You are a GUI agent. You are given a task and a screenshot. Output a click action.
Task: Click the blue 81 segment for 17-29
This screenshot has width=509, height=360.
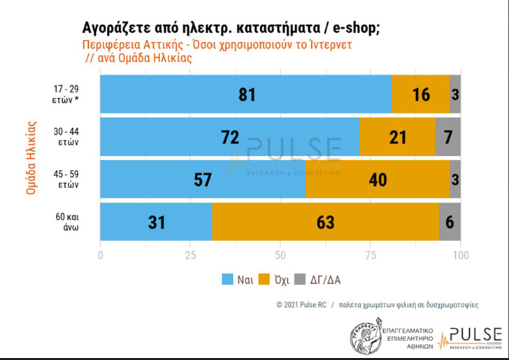click(246, 94)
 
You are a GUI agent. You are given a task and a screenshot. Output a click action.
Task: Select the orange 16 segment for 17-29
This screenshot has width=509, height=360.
click(420, 94)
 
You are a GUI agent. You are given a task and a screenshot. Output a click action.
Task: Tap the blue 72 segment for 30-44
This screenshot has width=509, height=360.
click(230, 137)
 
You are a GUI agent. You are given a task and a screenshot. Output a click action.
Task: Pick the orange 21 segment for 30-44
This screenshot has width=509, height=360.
click(397, 137)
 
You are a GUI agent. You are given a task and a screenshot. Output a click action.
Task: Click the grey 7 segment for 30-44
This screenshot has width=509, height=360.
click(448, 137)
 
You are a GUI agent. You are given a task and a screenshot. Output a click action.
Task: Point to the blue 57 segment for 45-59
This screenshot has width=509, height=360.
click(203, 180)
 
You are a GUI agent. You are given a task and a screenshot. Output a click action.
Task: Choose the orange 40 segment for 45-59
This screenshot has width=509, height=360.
click(378, 180)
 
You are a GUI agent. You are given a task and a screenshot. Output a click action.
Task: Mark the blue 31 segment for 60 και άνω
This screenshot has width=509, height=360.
click(156, 222)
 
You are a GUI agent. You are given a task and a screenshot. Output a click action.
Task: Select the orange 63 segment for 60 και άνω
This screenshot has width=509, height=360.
click(325, 222)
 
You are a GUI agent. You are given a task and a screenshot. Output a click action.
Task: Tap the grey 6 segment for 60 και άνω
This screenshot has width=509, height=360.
click(450, 222)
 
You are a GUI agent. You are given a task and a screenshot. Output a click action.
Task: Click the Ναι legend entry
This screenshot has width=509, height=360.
click(237, 280)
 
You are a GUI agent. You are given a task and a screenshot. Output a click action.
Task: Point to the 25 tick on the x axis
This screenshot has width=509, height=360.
click(190, 255)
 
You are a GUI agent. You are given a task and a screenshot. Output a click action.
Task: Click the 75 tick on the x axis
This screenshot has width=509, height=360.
click(371, 255)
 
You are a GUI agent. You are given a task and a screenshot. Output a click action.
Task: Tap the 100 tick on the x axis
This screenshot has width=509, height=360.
click(459, 255)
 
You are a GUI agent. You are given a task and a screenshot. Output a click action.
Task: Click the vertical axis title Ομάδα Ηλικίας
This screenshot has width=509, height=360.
click(31, 157)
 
